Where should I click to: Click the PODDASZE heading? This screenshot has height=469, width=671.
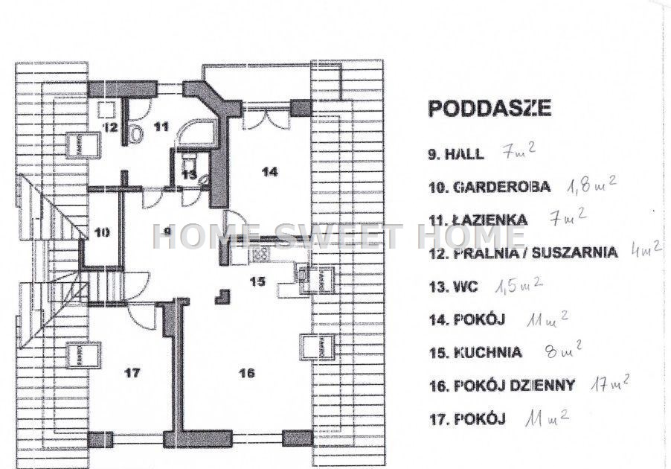click(489, 109)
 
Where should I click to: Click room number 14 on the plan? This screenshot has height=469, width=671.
click(270, 172)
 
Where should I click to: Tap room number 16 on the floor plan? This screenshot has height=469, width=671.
click(247, 373)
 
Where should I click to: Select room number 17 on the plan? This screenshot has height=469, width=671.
click(132, 373)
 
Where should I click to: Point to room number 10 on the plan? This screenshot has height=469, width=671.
click(102, 232)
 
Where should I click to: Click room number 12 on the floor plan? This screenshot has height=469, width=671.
click(109, 127)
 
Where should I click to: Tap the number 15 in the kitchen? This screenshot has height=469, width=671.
click(257, 281)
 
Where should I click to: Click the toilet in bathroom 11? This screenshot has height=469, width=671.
click(135, 133)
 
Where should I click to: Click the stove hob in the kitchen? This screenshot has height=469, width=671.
click(261, 255)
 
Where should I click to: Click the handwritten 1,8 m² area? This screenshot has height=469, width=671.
click(592, 186)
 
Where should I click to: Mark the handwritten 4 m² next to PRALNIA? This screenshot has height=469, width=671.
click(646, 249)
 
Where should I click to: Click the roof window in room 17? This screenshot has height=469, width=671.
click(83, 355)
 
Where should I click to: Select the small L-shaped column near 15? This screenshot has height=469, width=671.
click(223, 296)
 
